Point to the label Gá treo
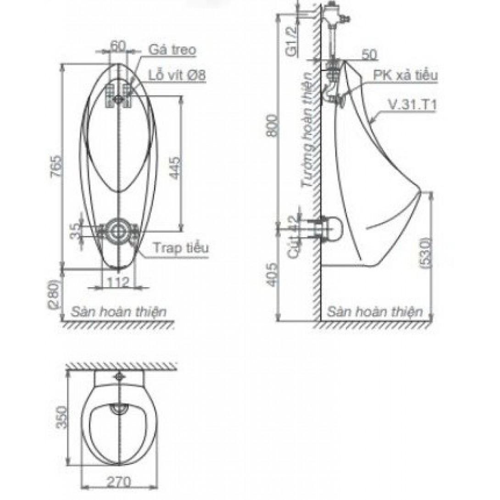coord(172,50)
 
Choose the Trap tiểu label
coord(181,248)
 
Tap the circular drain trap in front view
coord(119,231)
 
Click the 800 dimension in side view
coord(273,124)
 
